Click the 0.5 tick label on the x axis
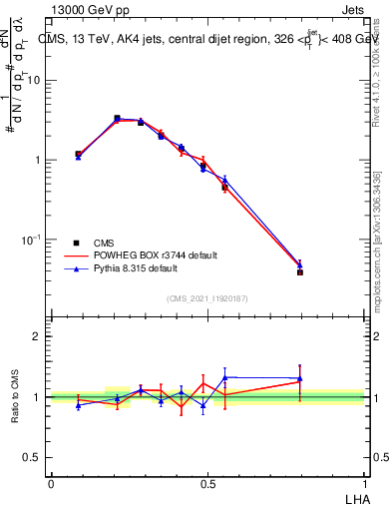[x=207, y=484]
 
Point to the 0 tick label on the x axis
[x=51, y=484]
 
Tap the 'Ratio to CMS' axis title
[x=15, y=397]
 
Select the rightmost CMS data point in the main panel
[x=300, y=271]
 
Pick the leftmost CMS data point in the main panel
[x=78, y=155]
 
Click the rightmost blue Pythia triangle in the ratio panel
[x=300, y=378]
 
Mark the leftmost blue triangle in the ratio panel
[x=78, y=405]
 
